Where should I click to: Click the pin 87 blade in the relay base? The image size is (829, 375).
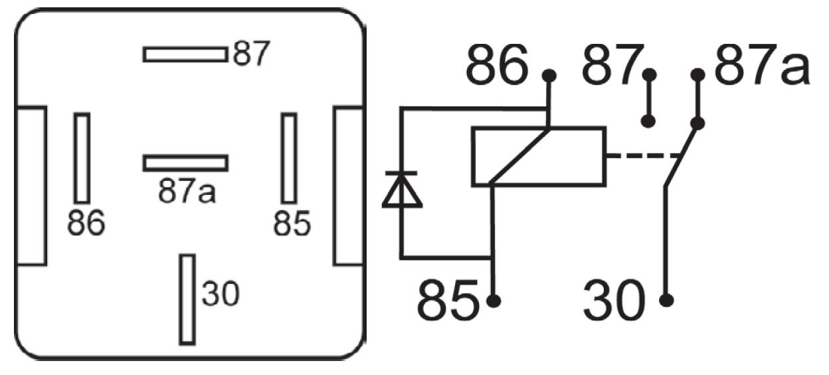tap(185, 55)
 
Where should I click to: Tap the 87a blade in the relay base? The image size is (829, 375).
tap(185, 163)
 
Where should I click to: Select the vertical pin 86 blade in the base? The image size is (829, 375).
tap(82, 158)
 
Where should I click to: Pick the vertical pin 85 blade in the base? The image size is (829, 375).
tap(289, 158)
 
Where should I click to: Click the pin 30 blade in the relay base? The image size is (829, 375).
tap(187, 300)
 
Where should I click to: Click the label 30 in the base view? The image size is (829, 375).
tap(221, 293)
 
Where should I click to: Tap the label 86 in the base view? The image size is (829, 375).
tap(86, 223)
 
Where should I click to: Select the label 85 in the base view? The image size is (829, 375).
tap(292, 223)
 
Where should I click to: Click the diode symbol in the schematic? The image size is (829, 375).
tap(402, 189)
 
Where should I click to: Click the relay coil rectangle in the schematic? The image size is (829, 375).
tap(539, 157)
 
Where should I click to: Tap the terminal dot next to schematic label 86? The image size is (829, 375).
tap(549, 76)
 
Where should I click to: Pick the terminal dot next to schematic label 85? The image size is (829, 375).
tap(494, 301)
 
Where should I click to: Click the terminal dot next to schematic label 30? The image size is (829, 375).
tap(666, 300)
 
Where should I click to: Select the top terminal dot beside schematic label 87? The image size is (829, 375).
tap(649, 75)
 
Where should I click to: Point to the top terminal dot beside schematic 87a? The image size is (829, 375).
tap(697, 75)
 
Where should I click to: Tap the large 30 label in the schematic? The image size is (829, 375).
tap(614, 301)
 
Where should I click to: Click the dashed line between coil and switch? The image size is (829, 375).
tap(644, 156)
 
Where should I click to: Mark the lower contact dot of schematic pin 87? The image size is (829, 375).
tap(648, 121)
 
